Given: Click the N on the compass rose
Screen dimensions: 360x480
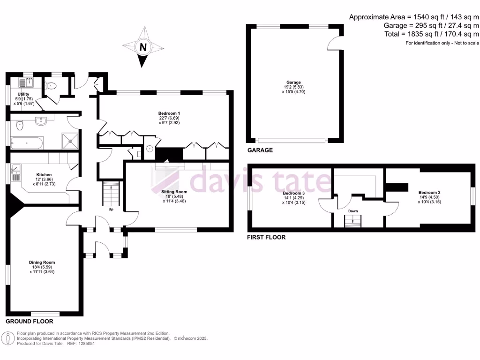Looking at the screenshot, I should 143,47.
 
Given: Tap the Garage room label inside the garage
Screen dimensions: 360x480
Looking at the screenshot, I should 294,82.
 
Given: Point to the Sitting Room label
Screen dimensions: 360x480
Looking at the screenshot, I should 174,192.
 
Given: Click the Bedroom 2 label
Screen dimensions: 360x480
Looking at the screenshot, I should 429,193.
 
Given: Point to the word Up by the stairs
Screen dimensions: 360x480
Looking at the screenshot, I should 111,209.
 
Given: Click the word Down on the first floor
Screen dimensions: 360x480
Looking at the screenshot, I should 353,211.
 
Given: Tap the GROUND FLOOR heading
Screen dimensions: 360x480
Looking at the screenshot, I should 29,322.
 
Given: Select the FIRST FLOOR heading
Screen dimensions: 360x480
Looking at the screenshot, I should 266,238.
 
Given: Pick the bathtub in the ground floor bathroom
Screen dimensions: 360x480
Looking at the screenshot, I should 27,142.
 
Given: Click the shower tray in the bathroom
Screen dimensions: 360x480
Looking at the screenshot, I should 70,139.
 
